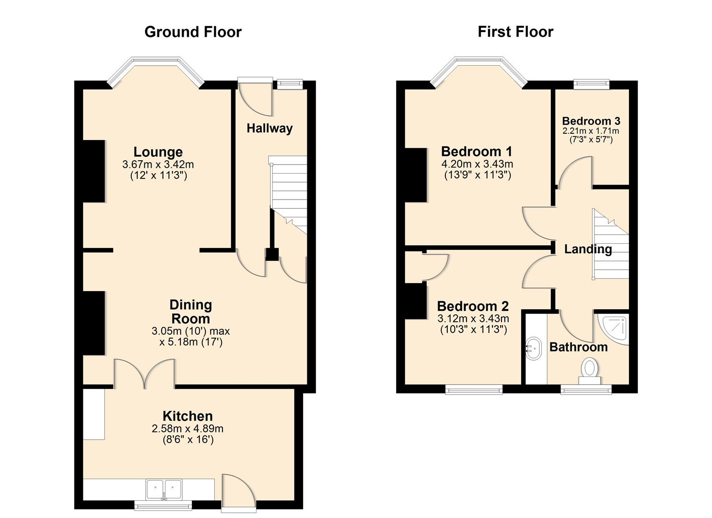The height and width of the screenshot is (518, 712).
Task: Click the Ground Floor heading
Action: (x=193, y=32)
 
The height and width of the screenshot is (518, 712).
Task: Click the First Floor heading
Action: (x=515, y=32)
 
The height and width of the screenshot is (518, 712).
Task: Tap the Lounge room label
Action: (x=158, y=152)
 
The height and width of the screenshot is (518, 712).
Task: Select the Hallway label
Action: (x=269, y=129)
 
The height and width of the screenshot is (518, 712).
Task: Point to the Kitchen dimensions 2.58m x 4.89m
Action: (x=187, y=429)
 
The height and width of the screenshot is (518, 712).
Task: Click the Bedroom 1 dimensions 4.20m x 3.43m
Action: (x=477, y=164)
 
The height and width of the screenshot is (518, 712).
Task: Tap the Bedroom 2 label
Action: (x=473, y=306)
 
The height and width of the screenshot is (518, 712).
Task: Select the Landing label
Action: (x=588, y=249)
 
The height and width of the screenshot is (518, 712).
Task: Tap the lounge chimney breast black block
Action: (x=94, y=171)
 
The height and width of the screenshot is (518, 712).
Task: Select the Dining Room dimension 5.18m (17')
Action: (x=191, y=342)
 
